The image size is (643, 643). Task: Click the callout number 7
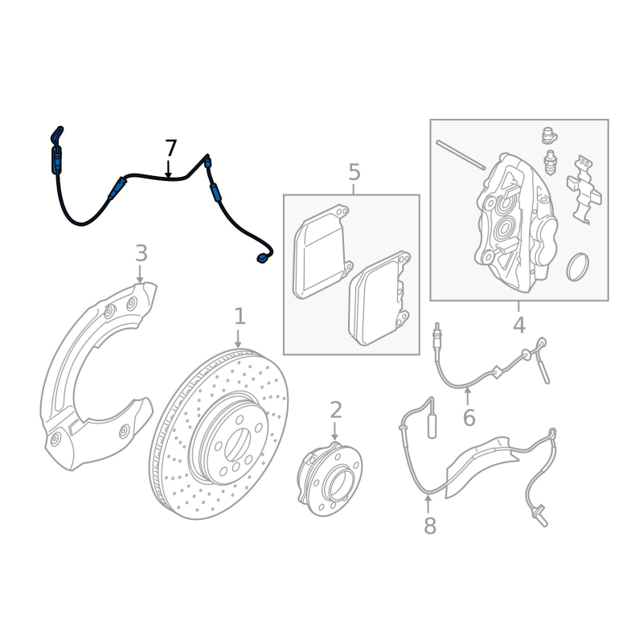(x=170, y=149)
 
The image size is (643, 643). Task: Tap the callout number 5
(x=354, y=172)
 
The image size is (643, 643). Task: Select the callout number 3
(x=141, y=254)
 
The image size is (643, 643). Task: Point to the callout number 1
(x=240, y=317)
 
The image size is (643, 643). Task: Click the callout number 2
(x=336, y=411)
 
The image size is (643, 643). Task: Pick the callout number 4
(x=519, y=326)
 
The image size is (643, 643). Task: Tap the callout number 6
(x=469, y=418)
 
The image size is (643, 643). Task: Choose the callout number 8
(x=430, y=526)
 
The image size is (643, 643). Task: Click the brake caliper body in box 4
(x=514, y=225)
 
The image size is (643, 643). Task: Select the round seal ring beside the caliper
(x=578, y=267)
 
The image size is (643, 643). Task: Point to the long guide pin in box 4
(x=461, y=155)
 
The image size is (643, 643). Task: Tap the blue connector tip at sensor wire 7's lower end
(x=262, y=258)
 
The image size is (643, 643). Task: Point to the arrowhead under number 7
(x=168, y=172)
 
